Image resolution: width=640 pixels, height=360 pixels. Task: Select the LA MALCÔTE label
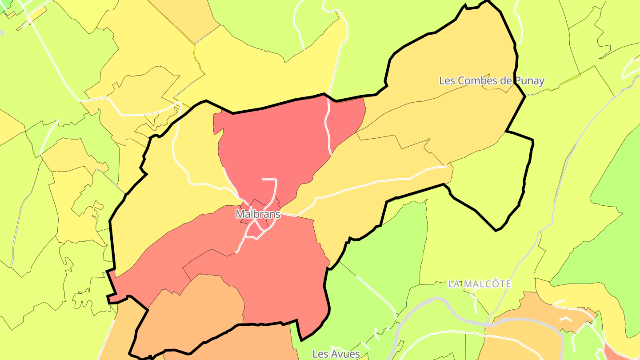(x=479, y=284)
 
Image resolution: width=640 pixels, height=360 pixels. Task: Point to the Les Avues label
(x=336, y=354)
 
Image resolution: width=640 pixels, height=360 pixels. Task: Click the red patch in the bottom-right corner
(x=622, y=353)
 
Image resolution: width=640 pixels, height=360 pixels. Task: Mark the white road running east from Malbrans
(x=356, y=187)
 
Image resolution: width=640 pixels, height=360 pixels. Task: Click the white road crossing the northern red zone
(x=328, y=129)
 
